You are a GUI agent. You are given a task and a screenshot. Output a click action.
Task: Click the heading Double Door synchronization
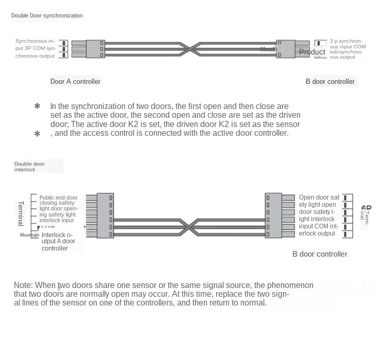[47, 15]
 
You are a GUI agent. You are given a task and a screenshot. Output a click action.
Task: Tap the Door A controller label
[75, 81]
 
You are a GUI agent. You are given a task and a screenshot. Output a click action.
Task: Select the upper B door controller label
[330, 81]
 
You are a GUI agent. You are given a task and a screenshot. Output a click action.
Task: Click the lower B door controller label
[320, 254]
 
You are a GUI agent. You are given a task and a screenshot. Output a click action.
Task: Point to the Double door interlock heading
[29, 167]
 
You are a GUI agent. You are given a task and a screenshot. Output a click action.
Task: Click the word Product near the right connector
[312, 52]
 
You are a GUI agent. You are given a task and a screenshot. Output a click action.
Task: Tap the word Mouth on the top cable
[268, 49]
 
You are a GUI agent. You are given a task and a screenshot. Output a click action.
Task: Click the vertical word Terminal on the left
[21, 213]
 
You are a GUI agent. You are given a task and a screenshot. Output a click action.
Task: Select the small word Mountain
[29, 235]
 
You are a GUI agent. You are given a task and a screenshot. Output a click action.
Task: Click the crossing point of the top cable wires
[190, 49]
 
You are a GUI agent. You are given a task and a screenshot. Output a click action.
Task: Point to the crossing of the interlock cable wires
[189, 227]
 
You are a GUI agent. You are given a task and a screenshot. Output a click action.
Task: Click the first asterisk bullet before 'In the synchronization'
[37, 106]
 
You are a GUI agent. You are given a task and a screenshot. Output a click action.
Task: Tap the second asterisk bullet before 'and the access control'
[37, 134]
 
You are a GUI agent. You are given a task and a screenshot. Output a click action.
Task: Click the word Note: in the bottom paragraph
[23, 285]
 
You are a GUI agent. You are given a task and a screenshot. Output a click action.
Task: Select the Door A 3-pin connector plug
[95, 49]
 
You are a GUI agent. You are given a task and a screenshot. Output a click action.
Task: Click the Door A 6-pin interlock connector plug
[105, 215]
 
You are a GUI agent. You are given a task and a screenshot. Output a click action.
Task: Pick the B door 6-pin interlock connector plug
[273, 215]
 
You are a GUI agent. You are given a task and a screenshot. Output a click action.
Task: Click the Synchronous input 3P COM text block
[35, 48]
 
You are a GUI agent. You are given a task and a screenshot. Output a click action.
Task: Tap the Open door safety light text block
[319, 215]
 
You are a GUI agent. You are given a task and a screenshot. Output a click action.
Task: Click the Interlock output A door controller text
[58, 241]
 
